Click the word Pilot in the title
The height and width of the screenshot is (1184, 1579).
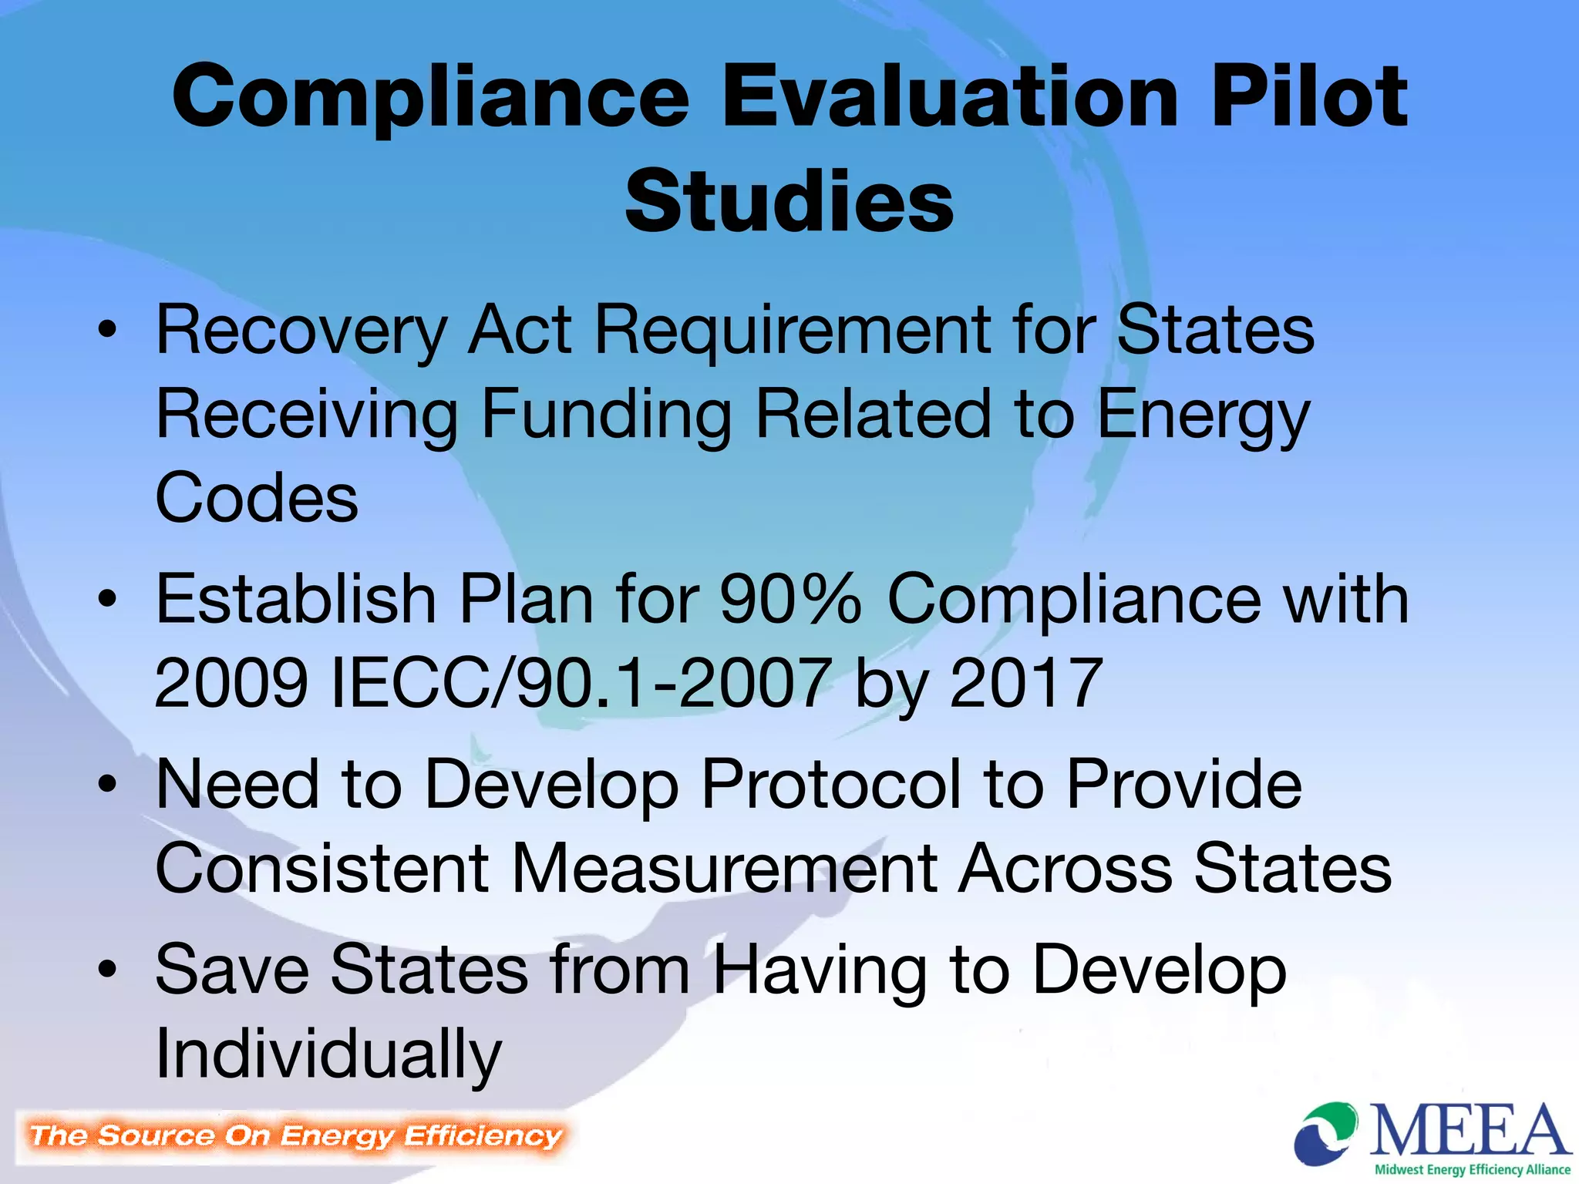pos(1309,97)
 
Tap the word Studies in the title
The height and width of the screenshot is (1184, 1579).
pos(789,201)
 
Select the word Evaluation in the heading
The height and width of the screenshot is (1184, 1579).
pos(950,97)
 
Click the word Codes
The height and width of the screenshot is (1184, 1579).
pos(257,498)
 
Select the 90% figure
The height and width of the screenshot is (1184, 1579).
pos(790,599)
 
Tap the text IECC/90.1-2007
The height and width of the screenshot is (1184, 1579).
pos(581,682)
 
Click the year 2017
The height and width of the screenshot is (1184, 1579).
pos(1025,682)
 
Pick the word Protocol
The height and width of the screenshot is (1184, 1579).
pos(831,784)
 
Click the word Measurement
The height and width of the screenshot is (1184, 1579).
pos(724,868)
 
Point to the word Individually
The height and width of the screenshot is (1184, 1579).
pos(328,1054)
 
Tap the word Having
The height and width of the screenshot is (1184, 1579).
pos(819,970)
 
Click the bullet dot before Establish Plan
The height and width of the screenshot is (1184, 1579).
pos(108,600)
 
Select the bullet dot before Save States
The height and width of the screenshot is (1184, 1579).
pos(108,970)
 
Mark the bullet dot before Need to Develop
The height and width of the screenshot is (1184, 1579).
pos(108,785)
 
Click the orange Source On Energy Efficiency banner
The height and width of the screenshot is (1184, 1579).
pos(295,1136)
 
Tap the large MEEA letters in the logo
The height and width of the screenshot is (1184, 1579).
pos(1470,1131)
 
